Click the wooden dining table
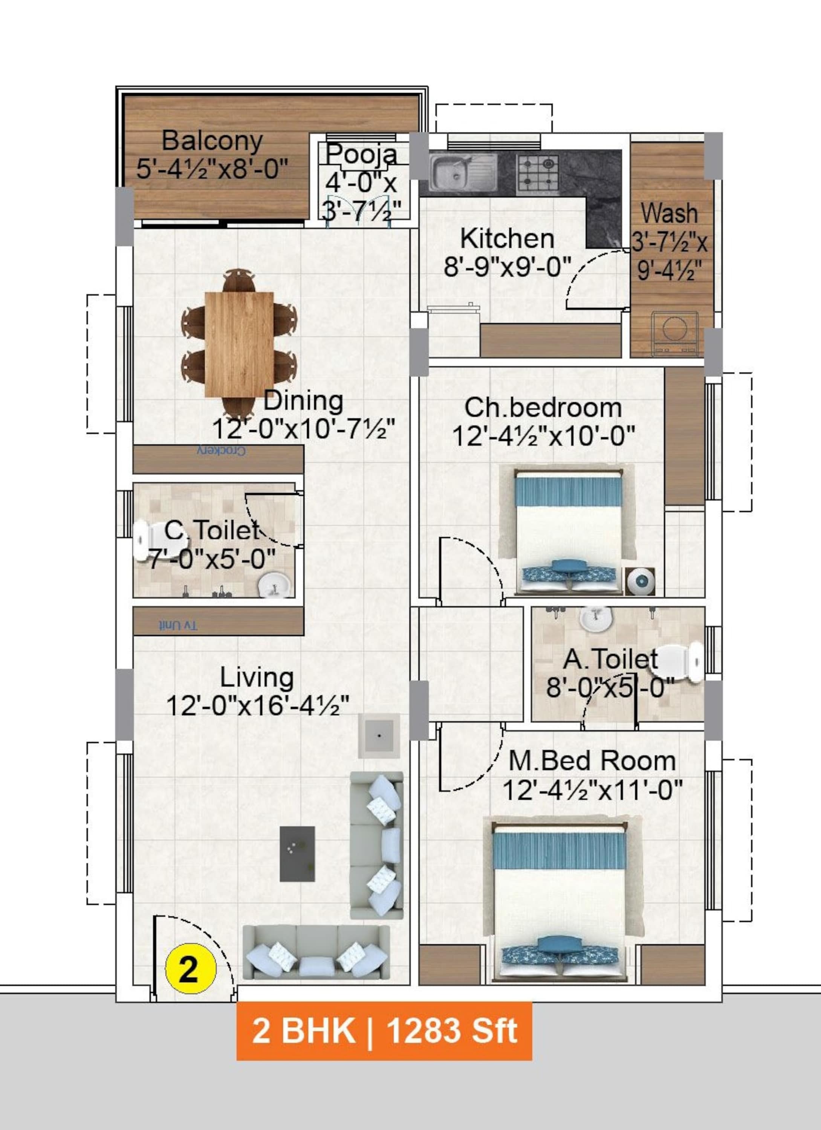[239, 344]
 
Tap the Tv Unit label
[178, 626]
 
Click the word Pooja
[362, 154]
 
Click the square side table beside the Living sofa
[379, 736]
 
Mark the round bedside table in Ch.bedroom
[640, 581]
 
